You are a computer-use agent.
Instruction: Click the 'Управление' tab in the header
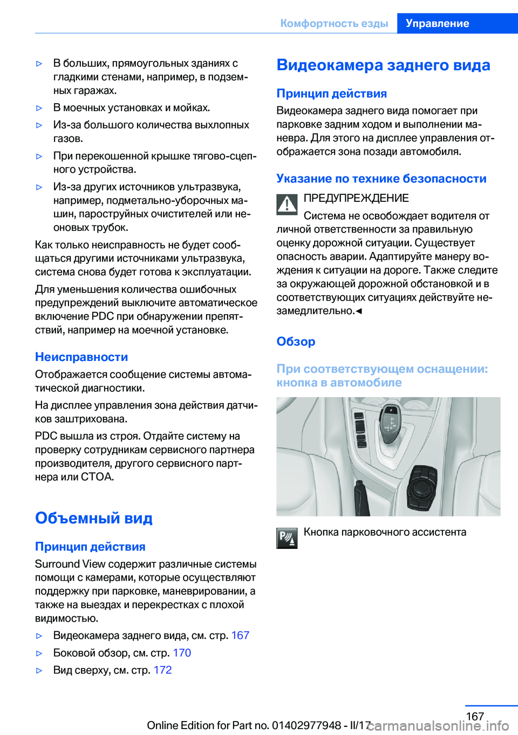pos(437,23)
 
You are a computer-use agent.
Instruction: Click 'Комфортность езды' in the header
pos(334,23)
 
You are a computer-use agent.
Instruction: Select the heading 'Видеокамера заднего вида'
pos(383,65)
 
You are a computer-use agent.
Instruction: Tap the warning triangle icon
pos(287,204)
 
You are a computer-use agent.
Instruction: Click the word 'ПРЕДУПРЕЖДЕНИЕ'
pos(356,198)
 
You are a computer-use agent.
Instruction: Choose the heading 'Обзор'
pos(296,342)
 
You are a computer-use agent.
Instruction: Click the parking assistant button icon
pos(287,538)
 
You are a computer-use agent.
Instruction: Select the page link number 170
pos(182,653)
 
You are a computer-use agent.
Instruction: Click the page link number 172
pos(162,670)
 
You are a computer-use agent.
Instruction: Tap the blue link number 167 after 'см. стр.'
pos(240,636)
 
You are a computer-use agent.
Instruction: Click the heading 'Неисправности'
pos(81,357)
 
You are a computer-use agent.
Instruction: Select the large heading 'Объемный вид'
pos(94,518)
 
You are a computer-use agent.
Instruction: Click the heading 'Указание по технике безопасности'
pos(381,179)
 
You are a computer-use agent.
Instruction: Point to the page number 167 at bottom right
pos(475,716)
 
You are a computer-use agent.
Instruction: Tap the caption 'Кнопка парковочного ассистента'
pos(385,532)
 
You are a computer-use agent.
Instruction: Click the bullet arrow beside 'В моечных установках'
pos(39,108)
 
